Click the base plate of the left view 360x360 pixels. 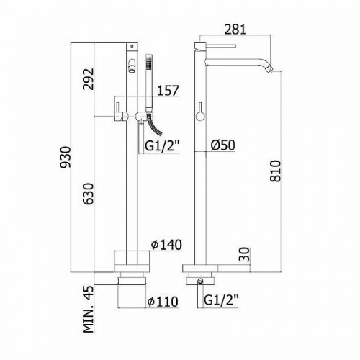tap(132, 258)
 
